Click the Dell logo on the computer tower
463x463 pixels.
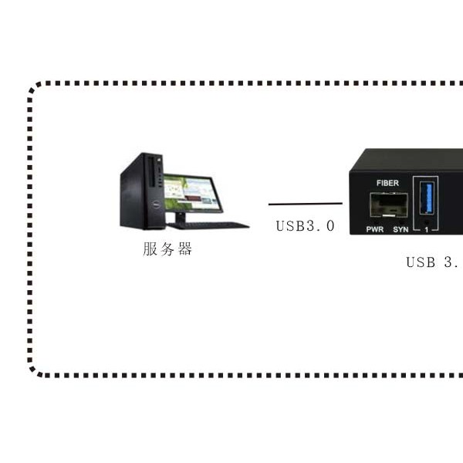156,204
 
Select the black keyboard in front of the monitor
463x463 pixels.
208,225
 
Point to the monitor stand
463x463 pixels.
180,218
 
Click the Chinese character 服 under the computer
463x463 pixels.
150,248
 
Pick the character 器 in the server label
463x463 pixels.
185,248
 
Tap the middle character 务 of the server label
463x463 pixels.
167,248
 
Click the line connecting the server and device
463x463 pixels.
306,204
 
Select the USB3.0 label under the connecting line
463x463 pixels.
306,226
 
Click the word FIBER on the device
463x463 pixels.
387,184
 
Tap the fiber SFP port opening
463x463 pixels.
389,205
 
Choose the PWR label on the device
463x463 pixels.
375,229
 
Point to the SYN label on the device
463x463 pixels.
400,229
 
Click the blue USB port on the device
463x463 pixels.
427,198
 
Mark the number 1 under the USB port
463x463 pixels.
427,230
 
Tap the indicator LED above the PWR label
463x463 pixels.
375,221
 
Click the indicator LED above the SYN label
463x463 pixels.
401,221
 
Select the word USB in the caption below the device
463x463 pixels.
421,262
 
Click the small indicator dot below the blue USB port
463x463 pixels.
427,221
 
